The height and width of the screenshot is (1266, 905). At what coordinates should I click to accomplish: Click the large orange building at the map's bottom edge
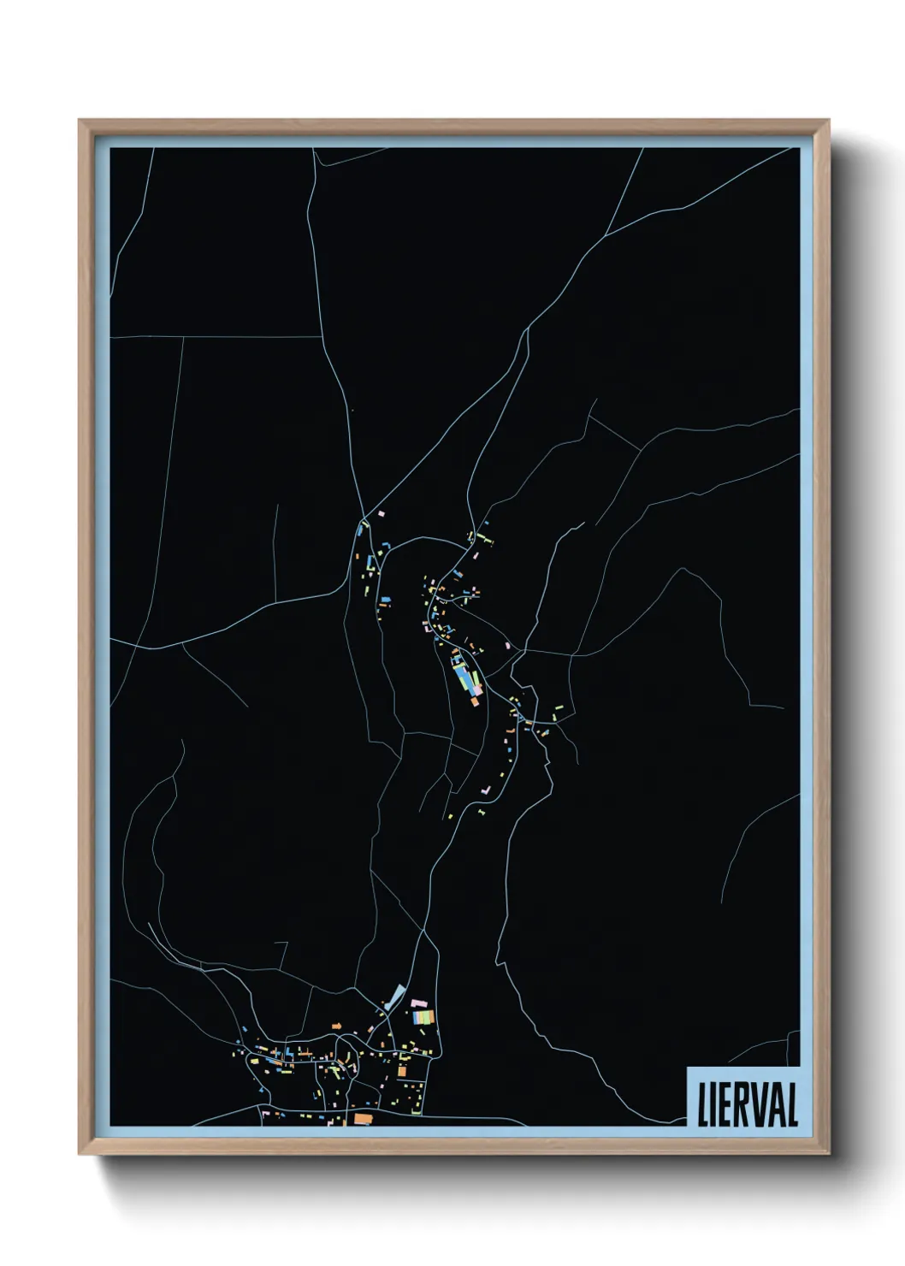(363, 1118)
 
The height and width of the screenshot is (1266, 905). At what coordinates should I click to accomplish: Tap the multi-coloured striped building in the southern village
(423, 1017)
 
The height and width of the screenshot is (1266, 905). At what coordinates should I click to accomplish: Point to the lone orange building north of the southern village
(337, 1025)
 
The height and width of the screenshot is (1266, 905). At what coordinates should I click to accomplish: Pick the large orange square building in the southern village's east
(402, 1070)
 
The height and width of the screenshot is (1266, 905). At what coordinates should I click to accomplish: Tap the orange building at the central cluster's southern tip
(475, 701)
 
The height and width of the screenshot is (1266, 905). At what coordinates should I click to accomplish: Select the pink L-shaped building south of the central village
(484, 791)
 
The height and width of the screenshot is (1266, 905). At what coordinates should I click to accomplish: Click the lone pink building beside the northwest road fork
(382, 513)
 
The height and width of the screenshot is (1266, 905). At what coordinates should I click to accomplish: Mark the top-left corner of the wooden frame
(80, 121)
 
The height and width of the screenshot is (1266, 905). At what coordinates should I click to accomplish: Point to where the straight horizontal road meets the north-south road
(322, 337)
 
